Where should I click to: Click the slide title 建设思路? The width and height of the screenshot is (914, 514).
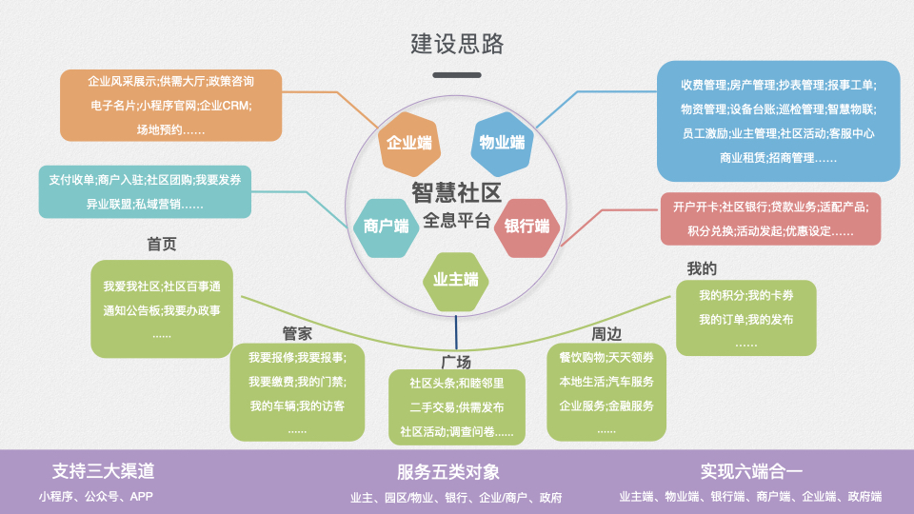(x=456, y=44)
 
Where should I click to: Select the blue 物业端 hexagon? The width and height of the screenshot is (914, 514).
(x=502, y=143)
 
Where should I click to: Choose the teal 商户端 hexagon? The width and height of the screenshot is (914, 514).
(x=386, y=226)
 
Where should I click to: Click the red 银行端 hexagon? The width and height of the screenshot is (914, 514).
(x=527, y=227)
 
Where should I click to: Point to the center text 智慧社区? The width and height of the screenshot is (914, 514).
(x=456, y=192)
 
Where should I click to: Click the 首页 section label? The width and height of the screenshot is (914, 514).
(x=162, y=245)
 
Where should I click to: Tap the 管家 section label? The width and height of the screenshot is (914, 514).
(x=297, y=333)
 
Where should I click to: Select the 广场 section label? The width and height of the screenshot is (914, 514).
(x=456, y=362)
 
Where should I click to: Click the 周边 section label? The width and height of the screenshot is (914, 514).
(x=606, y=334)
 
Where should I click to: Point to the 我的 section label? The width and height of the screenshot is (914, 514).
(x=702, y=268)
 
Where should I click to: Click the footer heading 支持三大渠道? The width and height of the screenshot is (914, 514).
(x=103, y=471)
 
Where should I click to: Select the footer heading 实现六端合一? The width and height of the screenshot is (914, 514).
(x=751, y=471)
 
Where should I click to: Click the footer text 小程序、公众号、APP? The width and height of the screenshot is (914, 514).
(x=95, y=496)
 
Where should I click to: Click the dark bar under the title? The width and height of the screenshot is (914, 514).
(x=456, y=74)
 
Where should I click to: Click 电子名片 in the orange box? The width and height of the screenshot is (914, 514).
(x=109, y=105)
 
